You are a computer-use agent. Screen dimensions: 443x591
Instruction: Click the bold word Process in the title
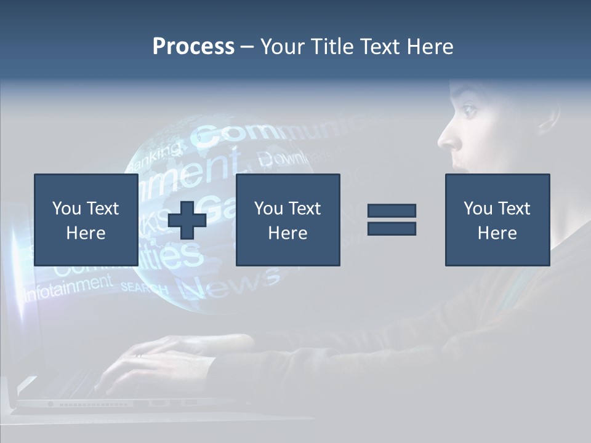193,47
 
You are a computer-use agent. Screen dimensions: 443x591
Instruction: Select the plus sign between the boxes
187,220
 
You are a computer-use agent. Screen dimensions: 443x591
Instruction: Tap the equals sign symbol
392,220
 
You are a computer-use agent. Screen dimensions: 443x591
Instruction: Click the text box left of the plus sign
86,220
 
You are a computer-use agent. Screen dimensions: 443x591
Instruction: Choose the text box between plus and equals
287,220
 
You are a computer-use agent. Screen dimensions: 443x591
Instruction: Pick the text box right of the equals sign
497,220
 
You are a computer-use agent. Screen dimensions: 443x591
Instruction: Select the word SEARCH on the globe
144,287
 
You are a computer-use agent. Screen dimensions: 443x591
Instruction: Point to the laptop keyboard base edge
123,404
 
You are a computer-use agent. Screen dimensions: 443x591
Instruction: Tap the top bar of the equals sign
392,211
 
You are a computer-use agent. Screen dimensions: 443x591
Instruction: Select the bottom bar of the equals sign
392,228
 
